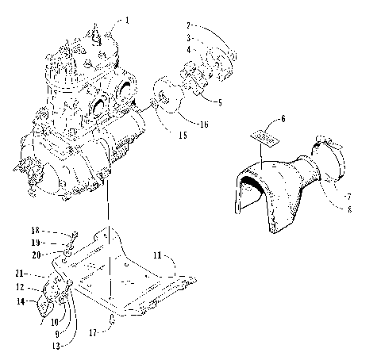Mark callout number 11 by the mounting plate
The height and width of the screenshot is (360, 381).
click(x=156, y=257)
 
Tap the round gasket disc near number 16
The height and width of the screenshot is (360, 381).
click(x=167, y=99)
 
